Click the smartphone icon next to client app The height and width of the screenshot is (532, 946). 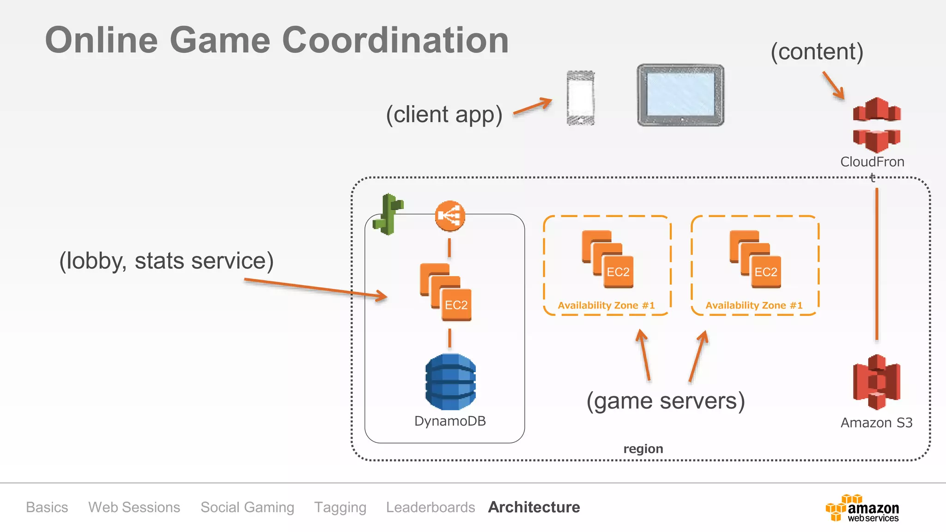[581, 98]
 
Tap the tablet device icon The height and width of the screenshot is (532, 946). [680, 95]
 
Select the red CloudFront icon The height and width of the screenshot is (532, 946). [876, 125]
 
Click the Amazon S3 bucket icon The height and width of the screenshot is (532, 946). [876, 382]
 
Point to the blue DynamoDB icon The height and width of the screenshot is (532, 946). [450, 382]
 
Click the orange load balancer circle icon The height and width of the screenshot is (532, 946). [450, 216]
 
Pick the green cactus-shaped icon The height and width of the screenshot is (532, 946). [388, 214]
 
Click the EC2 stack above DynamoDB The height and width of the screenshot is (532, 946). [446, 292]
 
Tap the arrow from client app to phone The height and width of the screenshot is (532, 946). [533, 106]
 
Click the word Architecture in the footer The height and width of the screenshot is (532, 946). [534, 507]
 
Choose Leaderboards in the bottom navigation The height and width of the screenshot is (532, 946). [431, 507]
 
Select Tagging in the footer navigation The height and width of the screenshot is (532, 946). [340, 507]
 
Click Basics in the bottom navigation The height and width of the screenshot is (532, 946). [47, 507]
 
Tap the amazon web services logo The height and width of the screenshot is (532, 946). [862, 508]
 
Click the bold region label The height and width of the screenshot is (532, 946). [643, 449]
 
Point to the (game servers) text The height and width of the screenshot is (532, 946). [666, 401]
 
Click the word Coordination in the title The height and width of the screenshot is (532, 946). [395, 40]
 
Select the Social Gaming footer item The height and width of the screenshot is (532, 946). [247, 507]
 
